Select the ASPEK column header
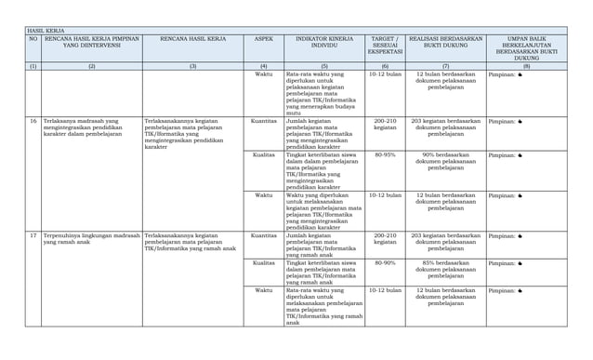point(263,40)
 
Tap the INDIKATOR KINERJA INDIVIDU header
point(323,44)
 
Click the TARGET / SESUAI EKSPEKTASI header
point(385,47)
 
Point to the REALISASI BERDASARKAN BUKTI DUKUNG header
point(445,44)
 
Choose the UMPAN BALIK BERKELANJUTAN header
point(526,47)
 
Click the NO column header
point(33,40)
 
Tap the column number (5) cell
point(323,67)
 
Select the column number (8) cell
point(526,67)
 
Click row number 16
point(33,121)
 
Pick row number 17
point(33,236)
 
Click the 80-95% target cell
point(385,155)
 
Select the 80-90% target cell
point(385,263)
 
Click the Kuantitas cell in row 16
point(263,121)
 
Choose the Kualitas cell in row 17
point(263,263)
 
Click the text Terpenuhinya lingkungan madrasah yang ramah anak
point(91,240)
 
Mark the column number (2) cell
point(91,67)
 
